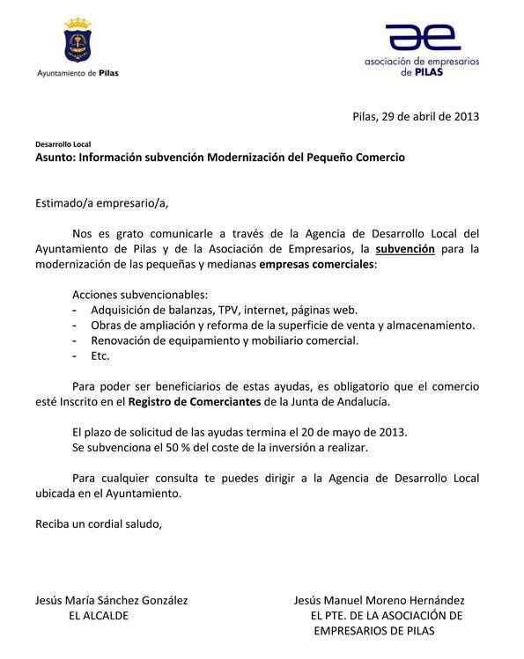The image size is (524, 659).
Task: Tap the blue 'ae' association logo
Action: (x=423, y=38)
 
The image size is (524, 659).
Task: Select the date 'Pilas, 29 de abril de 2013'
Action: (x=416, y=116)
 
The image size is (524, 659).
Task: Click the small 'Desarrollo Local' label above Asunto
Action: (x=63, y=143)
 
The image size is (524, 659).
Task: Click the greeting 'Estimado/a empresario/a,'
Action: (x=101, y=203)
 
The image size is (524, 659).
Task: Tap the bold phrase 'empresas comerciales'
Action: (x=316, y=264)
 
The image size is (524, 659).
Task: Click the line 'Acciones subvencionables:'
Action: (x=138, y=295)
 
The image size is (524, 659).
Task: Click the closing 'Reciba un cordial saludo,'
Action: (x=99, y=524)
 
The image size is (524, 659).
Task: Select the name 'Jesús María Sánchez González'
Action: (x=111, y=601)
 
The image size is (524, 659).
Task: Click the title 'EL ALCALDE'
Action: (x=99, y=616)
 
